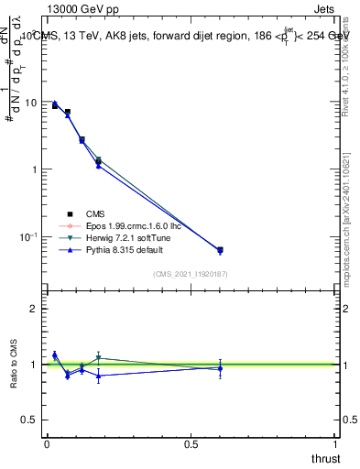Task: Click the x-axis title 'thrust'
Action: [325, 457]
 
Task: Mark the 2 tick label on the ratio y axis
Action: [33, 309]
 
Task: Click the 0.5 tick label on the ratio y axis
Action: [29, 420]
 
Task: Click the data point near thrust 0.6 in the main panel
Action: [220, 249]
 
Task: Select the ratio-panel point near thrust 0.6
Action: [220, 367]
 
